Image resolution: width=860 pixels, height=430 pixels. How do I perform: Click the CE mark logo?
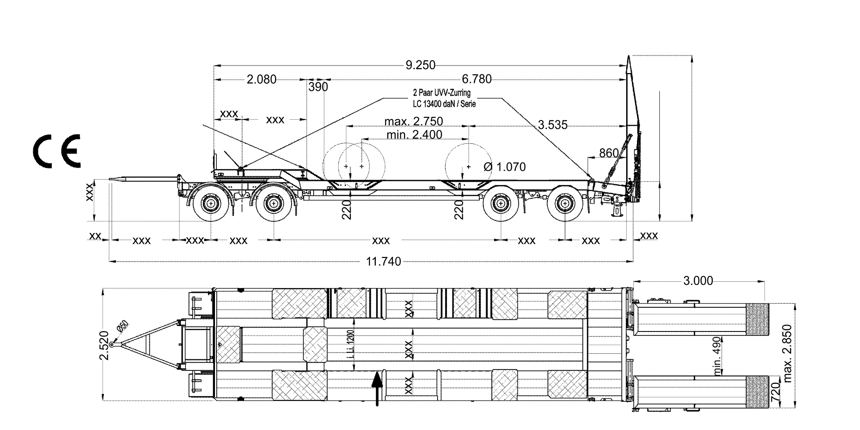coord(56,151)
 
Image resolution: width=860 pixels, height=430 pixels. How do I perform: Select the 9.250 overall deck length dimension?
coord(420,65)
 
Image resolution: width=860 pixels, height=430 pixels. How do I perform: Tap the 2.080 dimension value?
coord(262,80)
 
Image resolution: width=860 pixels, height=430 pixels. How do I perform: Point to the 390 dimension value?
coord(318,87)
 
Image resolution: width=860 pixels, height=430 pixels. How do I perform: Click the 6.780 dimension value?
coord(477,79)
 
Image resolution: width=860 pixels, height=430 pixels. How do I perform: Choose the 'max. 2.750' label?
coord(413,121)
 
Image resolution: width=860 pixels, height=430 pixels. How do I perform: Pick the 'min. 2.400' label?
coord(413,134)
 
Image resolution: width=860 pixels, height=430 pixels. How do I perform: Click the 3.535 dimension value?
coord(552,125)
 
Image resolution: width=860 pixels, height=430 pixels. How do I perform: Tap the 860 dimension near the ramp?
coord(609,153)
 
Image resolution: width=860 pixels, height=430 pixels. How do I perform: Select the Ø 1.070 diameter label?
coord(505,167)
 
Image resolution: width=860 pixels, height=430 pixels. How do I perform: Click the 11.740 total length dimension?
coord(383,262)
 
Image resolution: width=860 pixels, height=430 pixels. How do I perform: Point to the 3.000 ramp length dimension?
coord(698,281)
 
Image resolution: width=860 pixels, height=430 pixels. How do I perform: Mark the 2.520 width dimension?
coord(104,345)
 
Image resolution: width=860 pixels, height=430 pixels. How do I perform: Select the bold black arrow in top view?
coord(378,387)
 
